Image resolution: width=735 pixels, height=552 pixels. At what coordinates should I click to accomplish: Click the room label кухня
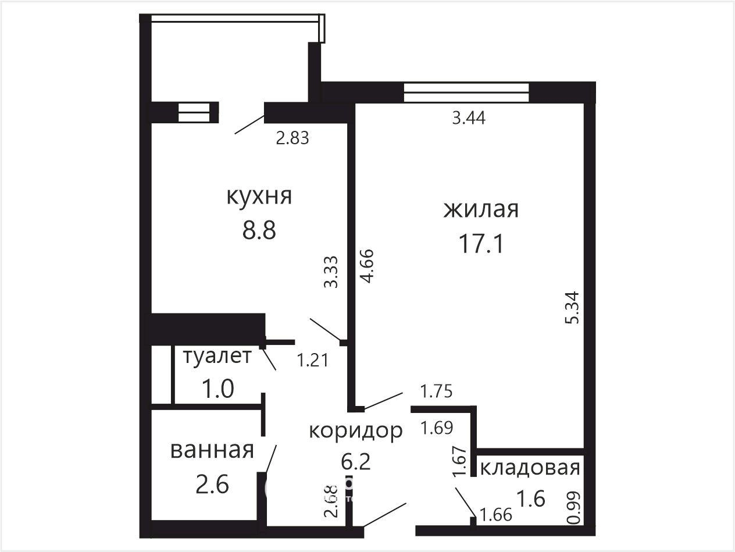click(259, 197)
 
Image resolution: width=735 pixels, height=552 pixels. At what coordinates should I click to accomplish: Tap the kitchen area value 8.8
click(259, 230)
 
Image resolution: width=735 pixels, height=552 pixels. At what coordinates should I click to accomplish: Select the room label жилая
click(481, 209)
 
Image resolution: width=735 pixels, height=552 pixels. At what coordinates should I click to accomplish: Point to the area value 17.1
click(481, 244)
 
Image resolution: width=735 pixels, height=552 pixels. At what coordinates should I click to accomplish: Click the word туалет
click(217, 356)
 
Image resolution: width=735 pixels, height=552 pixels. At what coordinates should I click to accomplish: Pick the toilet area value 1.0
click(217, 389)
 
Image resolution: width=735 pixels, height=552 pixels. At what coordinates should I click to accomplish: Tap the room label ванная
click(212, 451)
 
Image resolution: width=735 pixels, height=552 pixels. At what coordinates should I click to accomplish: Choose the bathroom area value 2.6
click(212, 485)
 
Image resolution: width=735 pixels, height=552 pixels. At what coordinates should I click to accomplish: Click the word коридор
click(356, 432)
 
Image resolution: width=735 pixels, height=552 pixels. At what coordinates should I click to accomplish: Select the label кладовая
click(530, 468)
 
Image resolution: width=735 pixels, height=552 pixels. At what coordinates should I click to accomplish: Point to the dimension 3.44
click(469, 118)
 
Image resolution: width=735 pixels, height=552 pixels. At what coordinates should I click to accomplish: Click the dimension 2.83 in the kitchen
click(292, 138)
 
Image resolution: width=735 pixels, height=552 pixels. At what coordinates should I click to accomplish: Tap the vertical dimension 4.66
click(367, 266)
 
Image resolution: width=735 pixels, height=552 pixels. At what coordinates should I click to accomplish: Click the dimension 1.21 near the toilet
click(313, 361)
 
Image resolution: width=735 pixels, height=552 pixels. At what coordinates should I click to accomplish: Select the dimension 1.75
click(436, 391)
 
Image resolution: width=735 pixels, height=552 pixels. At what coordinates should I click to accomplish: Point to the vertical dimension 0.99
click(573, 507)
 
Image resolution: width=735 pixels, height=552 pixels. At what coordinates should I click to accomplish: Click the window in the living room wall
click(466, 92)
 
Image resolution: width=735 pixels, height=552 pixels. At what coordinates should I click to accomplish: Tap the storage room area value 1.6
click(531, 498)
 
